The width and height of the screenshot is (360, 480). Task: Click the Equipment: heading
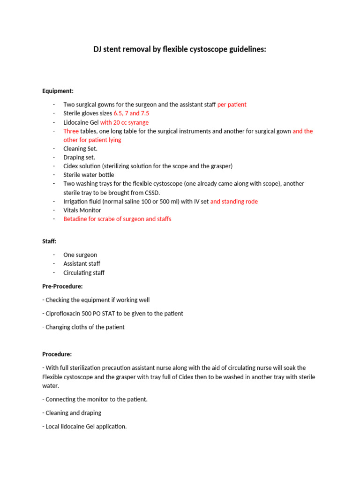pyautogui.click(x=58, y=91)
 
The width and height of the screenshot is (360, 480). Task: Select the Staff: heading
pyautogui.click(x=49, y=241)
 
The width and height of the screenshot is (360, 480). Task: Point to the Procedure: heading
pyautogui.click(x=57, y=354)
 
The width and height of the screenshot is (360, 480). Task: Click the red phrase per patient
pyautogui.click(x=232, y=105)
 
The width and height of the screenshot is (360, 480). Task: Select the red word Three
pyautogui.click(x=71, y=131)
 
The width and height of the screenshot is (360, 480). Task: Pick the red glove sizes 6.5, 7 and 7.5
pyautogui.click(x=131, y=113)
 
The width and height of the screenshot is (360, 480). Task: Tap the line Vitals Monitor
pyautogui.click(x=82, y=210)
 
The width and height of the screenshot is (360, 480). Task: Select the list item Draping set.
pyautogui.click(x=79, y=157)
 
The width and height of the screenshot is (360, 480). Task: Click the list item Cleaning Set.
pyautogui.click(x=80, y=149)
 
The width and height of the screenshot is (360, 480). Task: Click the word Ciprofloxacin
pyautogui.click(x=65, y=313)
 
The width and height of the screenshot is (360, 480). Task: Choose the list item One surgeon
pyautogui.click(x=80, y=255)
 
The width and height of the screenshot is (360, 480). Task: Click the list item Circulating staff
pyautogui.click(x=84, y=272)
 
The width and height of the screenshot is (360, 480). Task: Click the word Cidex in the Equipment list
pyautogui.click(x=71, y=166)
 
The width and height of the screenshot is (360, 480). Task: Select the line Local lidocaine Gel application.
pyautogui.click(x=86, y=427)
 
